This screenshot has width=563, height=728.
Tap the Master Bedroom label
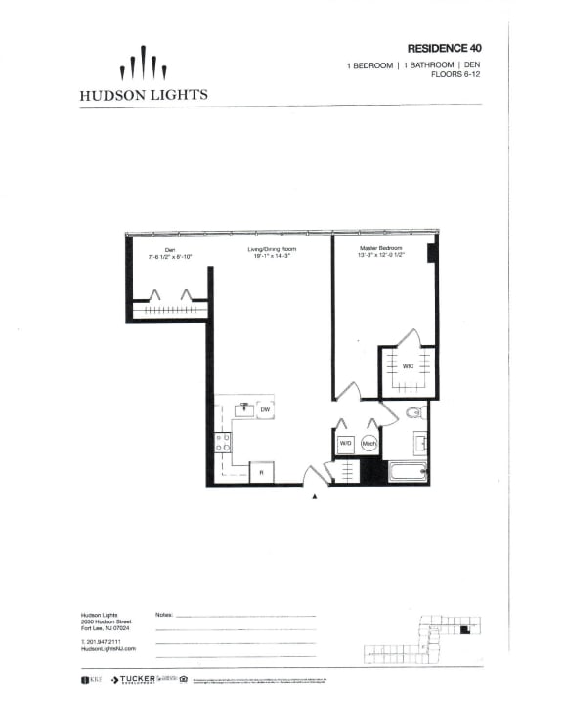381,251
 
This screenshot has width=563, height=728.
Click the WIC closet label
409,366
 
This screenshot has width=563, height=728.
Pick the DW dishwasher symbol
264,409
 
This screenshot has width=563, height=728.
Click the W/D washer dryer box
345,444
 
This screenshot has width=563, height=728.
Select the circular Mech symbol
369,444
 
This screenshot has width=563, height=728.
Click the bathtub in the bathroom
407,473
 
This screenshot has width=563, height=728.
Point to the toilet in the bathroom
414,412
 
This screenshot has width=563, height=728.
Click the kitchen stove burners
224,443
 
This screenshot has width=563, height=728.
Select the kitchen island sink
242,408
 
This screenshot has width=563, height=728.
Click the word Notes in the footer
164,616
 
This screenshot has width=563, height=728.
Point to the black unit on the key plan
466,632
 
